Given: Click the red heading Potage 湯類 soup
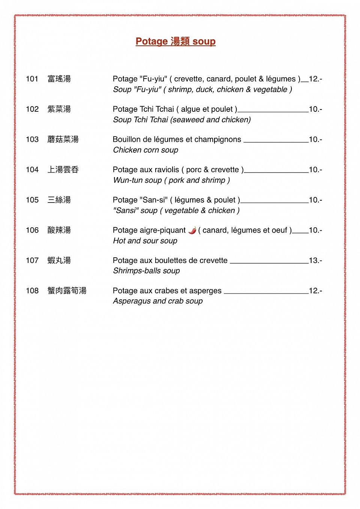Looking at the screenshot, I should click(x=175, y=41).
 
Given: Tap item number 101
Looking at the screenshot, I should click(x=32, y=79).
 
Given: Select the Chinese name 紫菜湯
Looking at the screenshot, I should click(x=59, y=109).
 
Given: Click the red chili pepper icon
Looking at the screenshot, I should click(x=192, y=230).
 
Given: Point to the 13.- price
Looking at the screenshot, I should click(x=315, y=260).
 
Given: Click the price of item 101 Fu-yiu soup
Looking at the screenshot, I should click(x=315, y=79).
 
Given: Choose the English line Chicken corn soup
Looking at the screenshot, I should click(x=146, y=150).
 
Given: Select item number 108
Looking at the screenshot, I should click(x=32, y=291).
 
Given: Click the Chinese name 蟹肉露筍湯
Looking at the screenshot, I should click(x=67, y=291).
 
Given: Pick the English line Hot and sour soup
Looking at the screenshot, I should click(x=145, y=241).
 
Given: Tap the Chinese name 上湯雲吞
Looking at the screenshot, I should click(x=63, y=170).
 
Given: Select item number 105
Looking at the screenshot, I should click(x=32, y=200).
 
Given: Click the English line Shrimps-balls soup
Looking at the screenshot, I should click(x=147, y=271).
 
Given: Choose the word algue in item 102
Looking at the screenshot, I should click(x=191, y=109).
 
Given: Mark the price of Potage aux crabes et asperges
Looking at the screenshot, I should click(x=315, y=291).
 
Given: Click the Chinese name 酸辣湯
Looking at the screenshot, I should click(x=59, y=230).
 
